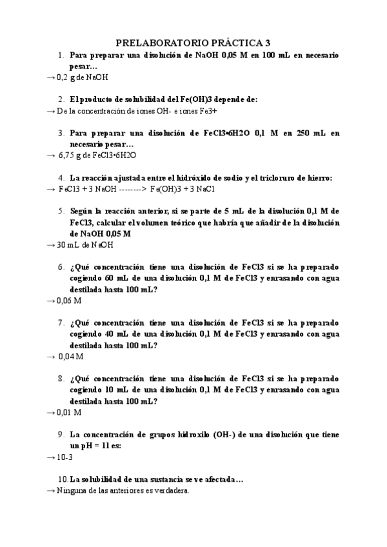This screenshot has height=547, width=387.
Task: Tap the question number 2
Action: (60, 99)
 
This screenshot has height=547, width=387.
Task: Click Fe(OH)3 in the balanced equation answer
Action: (166, 189)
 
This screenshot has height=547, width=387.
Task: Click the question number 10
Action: (63, 479)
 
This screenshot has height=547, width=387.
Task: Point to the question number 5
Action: (60, 211)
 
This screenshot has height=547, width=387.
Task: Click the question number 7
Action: (60, 322)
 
